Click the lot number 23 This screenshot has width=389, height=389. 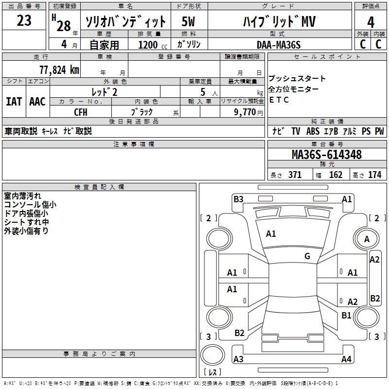(24, 21)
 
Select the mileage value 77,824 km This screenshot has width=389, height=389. (59, 70)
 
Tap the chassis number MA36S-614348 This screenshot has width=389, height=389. (326, 155)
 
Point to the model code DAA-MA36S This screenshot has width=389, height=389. (279, 45)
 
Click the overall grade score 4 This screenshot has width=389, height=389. (371, 22)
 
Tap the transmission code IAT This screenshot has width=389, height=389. (14, 102)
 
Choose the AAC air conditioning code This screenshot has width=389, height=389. (37, 102)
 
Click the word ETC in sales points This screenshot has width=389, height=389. (279, 100)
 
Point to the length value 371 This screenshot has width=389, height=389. (295, 175)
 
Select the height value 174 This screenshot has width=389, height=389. (374, 175)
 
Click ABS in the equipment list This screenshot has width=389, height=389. (313, 131)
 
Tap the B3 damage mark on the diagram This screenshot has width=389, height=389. (238, 199)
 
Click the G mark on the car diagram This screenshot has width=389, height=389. (307, 256)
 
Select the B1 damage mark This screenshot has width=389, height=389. (346, 316)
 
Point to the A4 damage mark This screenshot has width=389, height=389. (346, 359)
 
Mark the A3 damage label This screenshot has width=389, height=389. (238, 359)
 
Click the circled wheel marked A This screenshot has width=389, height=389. (367, 239)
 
